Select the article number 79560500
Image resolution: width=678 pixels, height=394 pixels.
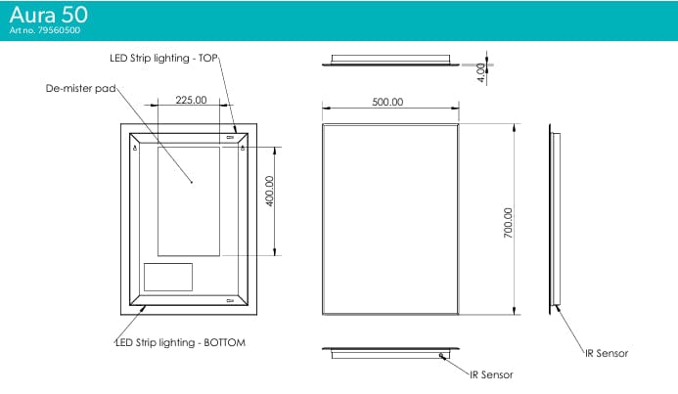[45, 31]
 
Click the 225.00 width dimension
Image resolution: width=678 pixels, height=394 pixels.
[190, 100]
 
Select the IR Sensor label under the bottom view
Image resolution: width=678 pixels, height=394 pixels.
[491, 373]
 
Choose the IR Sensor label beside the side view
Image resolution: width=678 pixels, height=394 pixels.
[606, 353]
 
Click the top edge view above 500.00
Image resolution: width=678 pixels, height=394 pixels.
[390, 63]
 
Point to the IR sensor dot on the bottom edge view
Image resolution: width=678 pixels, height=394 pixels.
[441, 355]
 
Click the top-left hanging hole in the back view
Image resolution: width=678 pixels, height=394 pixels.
[134, 148]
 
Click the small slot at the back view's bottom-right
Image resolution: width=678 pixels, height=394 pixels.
[230, 300]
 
